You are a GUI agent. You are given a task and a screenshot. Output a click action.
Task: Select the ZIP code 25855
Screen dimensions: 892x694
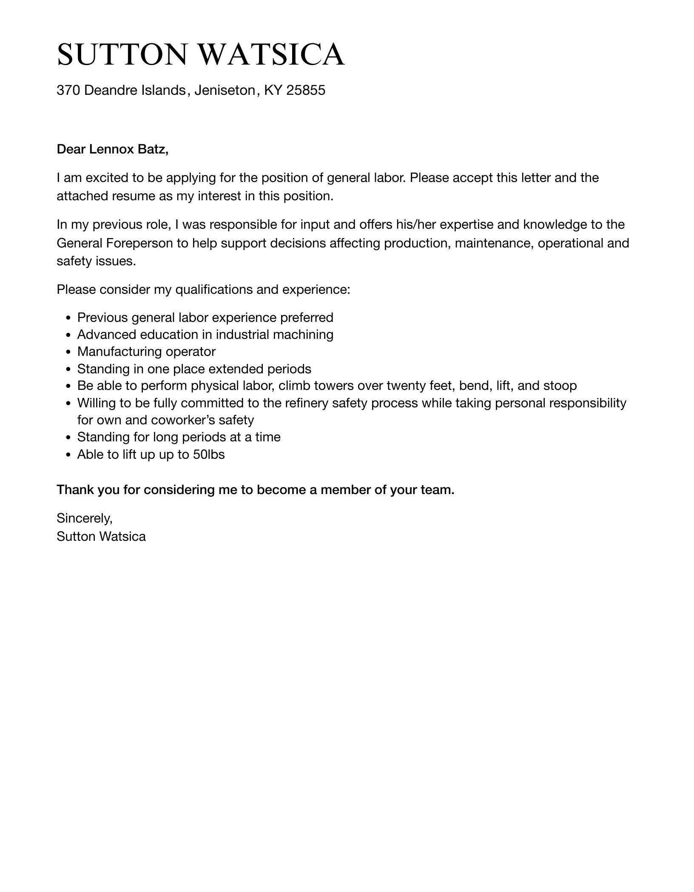pos(306,90)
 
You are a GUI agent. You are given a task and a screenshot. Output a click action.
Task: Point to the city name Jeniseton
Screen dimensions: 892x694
pos(224,90)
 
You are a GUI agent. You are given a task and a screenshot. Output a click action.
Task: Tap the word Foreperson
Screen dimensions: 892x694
pos(139,243)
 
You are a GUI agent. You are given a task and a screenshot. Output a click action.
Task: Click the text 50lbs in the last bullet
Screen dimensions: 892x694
pos(208,455)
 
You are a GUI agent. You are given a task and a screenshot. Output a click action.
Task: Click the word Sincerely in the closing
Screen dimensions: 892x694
pos(84,518)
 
